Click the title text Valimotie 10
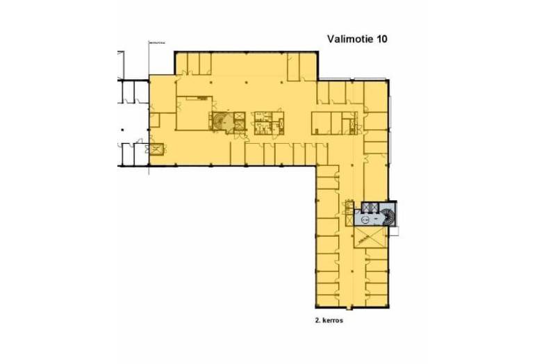tap(357, 40)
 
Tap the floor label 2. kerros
tap(330, 322)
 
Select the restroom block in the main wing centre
tap(267, 120)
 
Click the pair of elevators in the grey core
tap(368, 208)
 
